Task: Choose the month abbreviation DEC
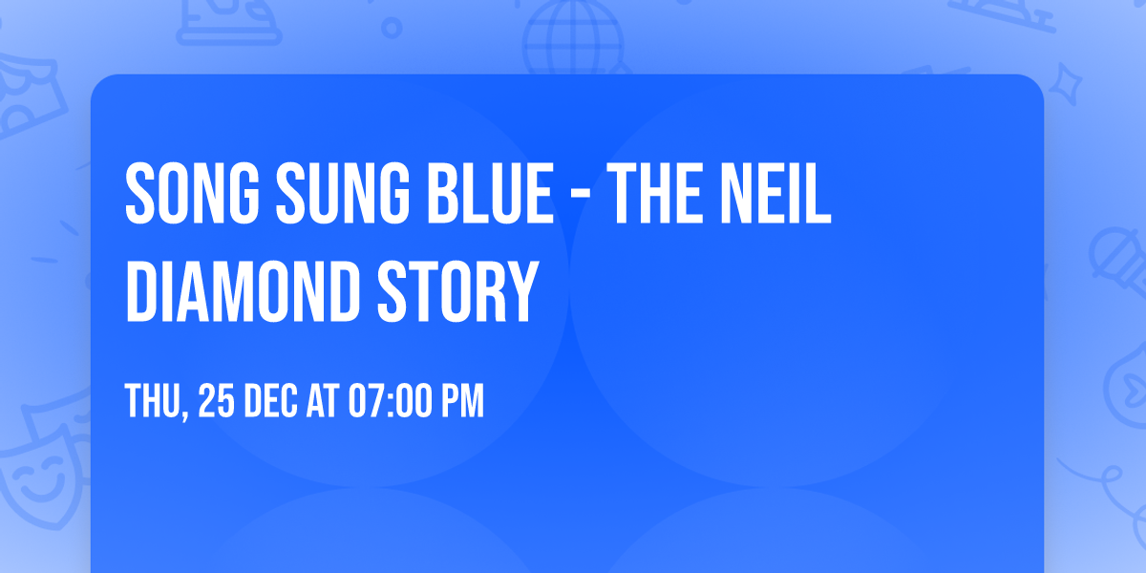click(272, 402)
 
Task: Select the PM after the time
click(460, 402)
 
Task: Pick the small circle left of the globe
click(392, 29)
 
